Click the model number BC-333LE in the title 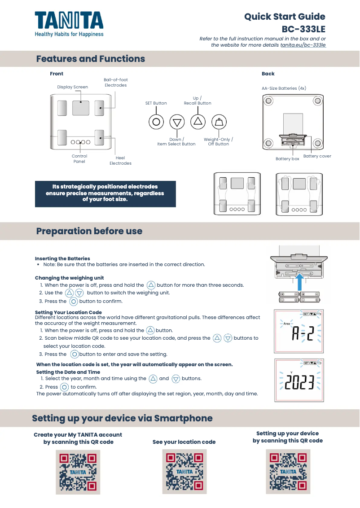click(303, 30)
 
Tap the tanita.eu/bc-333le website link click(303, 45)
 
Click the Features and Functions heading click(90, 59)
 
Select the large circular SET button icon click(156, 122)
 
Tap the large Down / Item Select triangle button click(177, 122)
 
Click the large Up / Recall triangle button click(198, 121)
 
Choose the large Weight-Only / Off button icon click(219, 122)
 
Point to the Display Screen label click(72, 87)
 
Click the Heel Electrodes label click(120, 161)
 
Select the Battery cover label click(317, 156)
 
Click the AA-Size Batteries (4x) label click(284, 88)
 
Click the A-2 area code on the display click(299, 333)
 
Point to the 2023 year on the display click(300, 383)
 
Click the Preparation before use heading click(89, 231)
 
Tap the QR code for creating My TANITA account click(78, 472)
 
